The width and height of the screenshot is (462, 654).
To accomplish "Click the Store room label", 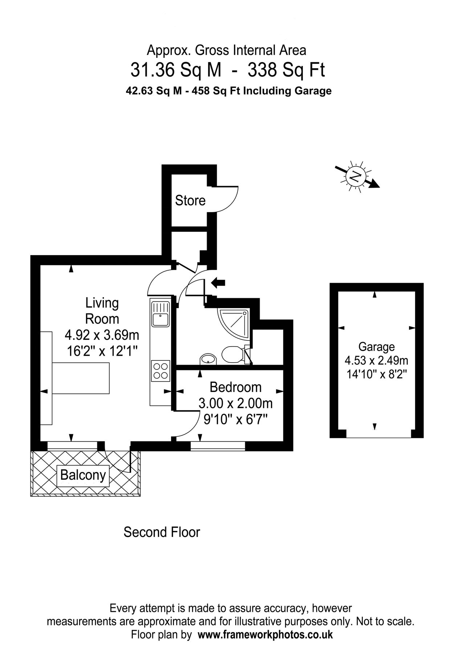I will (190, 201).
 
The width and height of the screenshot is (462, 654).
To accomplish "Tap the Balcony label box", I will (83, 475).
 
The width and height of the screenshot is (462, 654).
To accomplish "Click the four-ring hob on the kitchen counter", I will (160, 371).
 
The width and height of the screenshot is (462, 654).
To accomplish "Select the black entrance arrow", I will (219, 282).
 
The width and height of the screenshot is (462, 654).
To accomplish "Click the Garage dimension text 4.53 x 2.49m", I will (376, 361).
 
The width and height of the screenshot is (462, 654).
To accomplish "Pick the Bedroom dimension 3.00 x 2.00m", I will (235, 403).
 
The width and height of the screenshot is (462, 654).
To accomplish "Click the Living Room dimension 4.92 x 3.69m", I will (102, 334).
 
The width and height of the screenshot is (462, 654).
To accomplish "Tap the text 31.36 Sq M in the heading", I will (176, 70).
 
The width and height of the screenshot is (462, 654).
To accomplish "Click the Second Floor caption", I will (162, 532).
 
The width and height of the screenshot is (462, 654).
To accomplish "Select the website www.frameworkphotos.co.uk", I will (265, 635).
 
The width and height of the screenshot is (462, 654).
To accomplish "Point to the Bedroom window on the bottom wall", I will (218, 446).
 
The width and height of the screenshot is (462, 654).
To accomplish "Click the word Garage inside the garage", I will (376, 347).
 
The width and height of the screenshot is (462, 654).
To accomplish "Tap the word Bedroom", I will (235, 387).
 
